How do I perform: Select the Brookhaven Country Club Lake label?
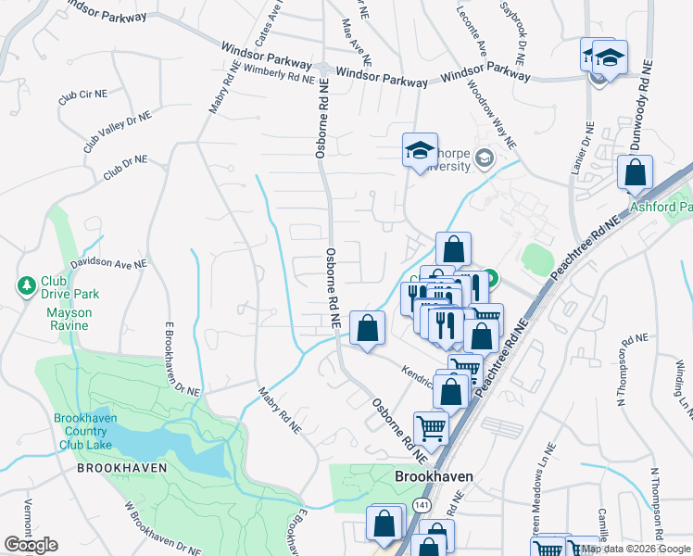(x=84, y=431)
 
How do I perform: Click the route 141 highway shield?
(x=422, y=502)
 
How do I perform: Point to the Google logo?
(x=31, y=545)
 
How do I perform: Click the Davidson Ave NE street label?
(x=109, y=263)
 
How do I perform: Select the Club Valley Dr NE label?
(x=116, y=131)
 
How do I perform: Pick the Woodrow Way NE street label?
(x=490, y=116)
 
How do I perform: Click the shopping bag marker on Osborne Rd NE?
(x=368, y=327)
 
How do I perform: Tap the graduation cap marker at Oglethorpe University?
(x=419, y=150)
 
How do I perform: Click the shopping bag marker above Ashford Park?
(x=635, y=171)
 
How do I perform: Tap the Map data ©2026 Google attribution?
(x=636, y=549)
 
